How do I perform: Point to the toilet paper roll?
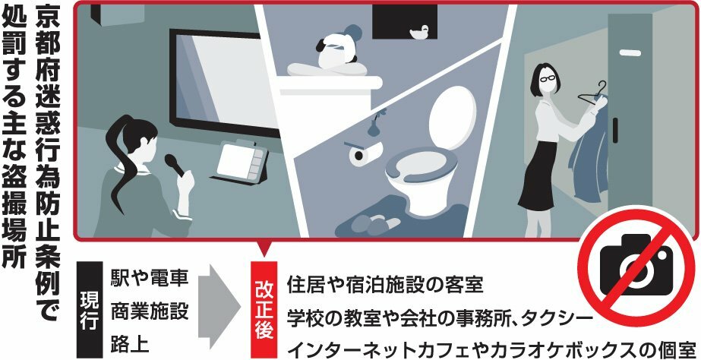pyautogui.click(x=360, y=154)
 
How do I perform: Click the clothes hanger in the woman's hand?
pyautogui.click(x=593, y=96)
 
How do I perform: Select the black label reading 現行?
pyautogui.click(x=89, y=310)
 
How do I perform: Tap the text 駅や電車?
pyautogui.click(x=149, y=278)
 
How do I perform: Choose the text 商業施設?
pyautogui.click(x=149, y=311)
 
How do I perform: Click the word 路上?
pyautogui.click(x=130, y=344)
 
